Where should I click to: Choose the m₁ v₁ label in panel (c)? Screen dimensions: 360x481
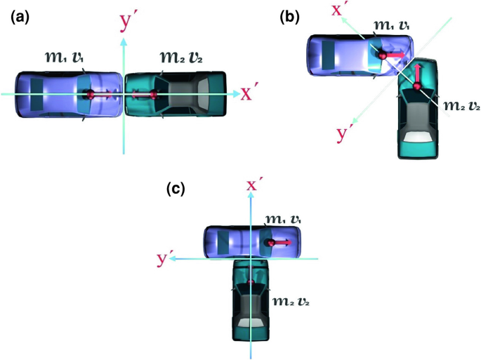[286, 220]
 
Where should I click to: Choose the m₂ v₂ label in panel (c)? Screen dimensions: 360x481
[289, 301]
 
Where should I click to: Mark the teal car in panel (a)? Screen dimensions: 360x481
[176, 94]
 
